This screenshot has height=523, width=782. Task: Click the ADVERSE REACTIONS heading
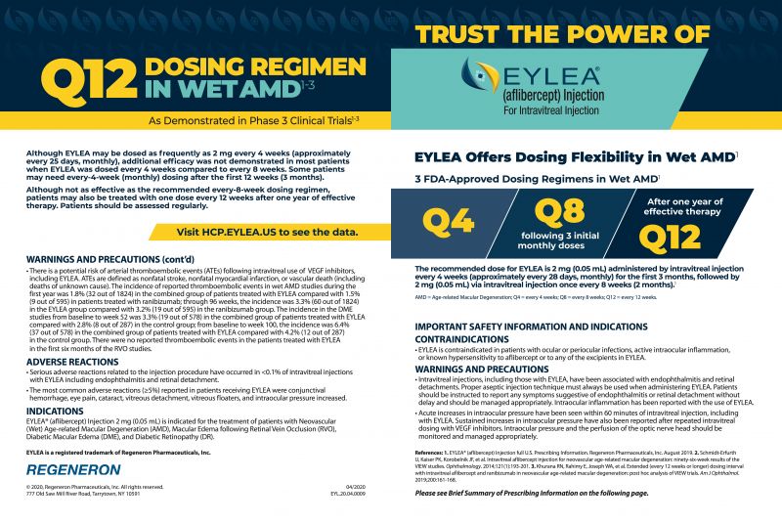[x=66, y=362]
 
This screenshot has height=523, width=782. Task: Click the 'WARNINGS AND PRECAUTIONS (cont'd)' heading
[x=107, y=258]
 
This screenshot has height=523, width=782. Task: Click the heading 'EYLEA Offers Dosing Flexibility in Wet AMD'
[x=574, y=155]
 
